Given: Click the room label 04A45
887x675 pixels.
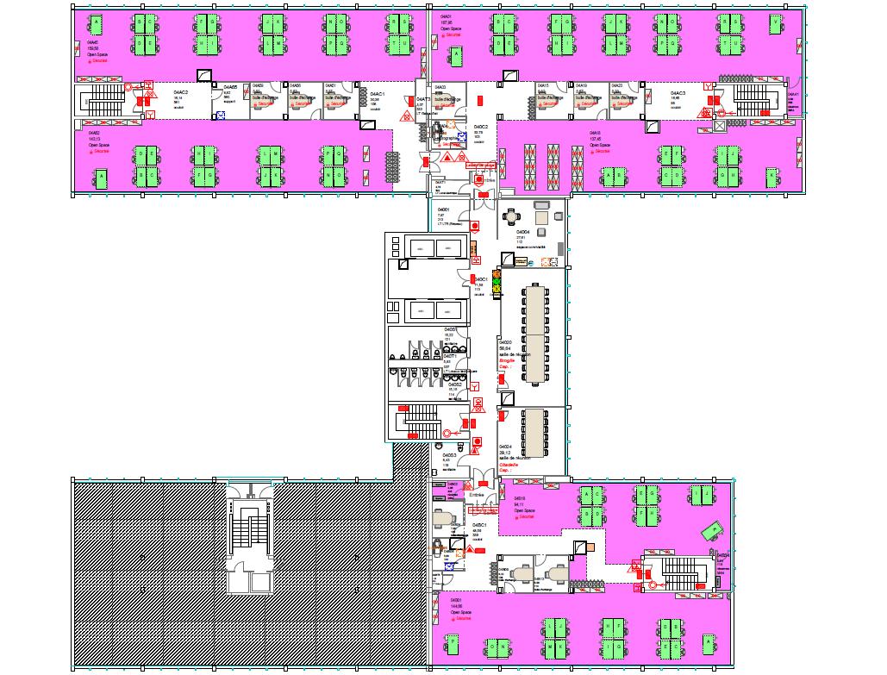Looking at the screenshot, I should tap(92, 41).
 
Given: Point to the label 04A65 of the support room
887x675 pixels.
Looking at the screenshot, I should tap(230, 87).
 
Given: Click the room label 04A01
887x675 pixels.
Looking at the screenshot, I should tap(447, 17).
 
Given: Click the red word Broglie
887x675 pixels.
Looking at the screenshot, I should tap(507, 360).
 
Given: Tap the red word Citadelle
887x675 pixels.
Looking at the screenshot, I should tap(509, 465).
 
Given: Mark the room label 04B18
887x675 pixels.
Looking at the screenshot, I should tap(520, 499).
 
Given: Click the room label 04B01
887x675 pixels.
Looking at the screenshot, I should tap(454, 602).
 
